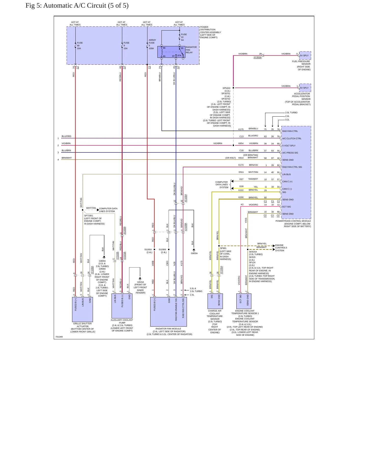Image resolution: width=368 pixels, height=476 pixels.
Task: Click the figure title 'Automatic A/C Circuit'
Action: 75,6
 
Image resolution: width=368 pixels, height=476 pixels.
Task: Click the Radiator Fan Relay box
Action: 171,52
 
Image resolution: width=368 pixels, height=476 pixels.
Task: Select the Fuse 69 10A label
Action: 80,46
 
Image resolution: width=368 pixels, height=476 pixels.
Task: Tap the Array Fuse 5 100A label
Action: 152,44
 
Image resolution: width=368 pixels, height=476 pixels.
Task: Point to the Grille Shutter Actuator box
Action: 83,310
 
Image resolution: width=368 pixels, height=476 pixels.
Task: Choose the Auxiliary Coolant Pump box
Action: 122,306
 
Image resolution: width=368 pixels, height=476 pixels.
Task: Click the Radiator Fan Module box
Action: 169,312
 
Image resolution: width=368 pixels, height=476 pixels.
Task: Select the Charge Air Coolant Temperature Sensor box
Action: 215,301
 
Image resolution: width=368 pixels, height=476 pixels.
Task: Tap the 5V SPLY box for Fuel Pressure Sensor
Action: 305,55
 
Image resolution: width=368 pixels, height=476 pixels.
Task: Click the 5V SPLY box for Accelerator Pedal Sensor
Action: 305,88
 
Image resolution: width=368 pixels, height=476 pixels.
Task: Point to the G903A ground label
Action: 194,253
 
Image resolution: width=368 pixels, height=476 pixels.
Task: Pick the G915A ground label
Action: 141,282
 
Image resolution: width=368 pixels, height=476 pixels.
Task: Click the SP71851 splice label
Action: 89,216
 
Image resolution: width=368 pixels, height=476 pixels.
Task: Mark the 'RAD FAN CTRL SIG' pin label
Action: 292,167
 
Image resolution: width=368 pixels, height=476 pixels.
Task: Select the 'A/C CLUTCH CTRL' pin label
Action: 292,138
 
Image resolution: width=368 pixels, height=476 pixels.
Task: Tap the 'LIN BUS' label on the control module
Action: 287,174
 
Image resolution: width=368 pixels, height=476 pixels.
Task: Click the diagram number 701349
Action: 59,337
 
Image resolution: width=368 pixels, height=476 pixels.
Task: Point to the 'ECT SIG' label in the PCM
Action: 287,207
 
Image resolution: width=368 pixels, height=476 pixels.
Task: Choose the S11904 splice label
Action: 148,249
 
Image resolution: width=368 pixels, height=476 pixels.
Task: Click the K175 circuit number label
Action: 241,129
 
